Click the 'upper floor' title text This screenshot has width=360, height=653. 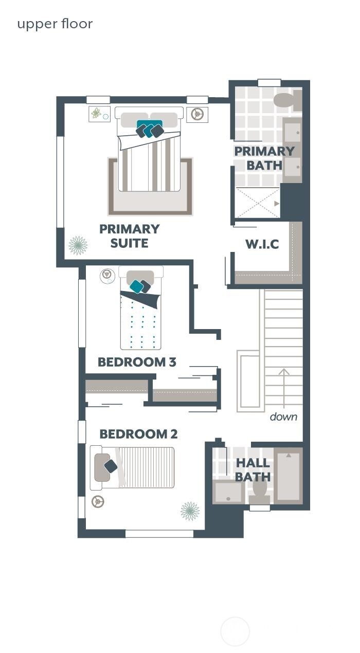tap(55, 24)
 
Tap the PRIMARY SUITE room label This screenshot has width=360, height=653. tap(129, 236)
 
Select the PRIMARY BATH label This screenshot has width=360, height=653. tap(264, 158)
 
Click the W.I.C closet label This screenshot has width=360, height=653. tap(262, 244)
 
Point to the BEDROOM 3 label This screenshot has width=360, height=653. tap(137, 362)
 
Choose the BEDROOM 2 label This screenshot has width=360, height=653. tap(138, 434)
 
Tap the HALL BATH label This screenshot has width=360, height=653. tap(253, 470)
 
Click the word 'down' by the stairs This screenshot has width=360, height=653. tap(283, 416)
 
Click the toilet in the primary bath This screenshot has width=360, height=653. tap(286, 100)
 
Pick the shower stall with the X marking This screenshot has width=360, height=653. tap(258, 203)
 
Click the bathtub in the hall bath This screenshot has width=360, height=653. tap(288, 476)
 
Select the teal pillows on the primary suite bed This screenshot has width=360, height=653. tap(150, 129)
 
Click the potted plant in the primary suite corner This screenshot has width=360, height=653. tap(78, 245)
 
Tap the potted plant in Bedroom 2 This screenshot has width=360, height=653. tap(190, 511)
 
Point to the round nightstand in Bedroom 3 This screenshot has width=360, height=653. tap(107, 276)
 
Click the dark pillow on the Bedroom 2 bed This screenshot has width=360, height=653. tap(111, 466)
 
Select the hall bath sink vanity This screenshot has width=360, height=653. tap(228, 492)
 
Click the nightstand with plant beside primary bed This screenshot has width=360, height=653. tap(99, 114)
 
